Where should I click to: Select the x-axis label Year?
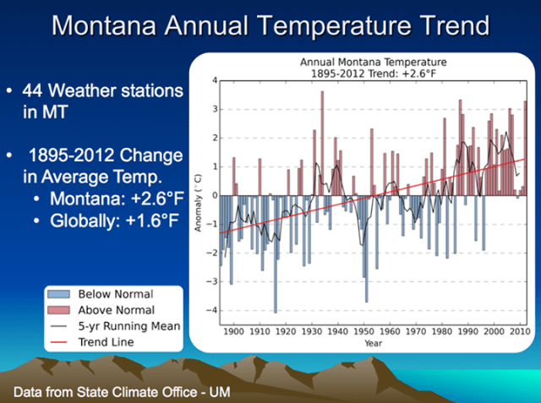[x=373, y=343]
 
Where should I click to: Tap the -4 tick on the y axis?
[x=214, y=310]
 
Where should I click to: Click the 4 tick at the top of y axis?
[x=215, y=80]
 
